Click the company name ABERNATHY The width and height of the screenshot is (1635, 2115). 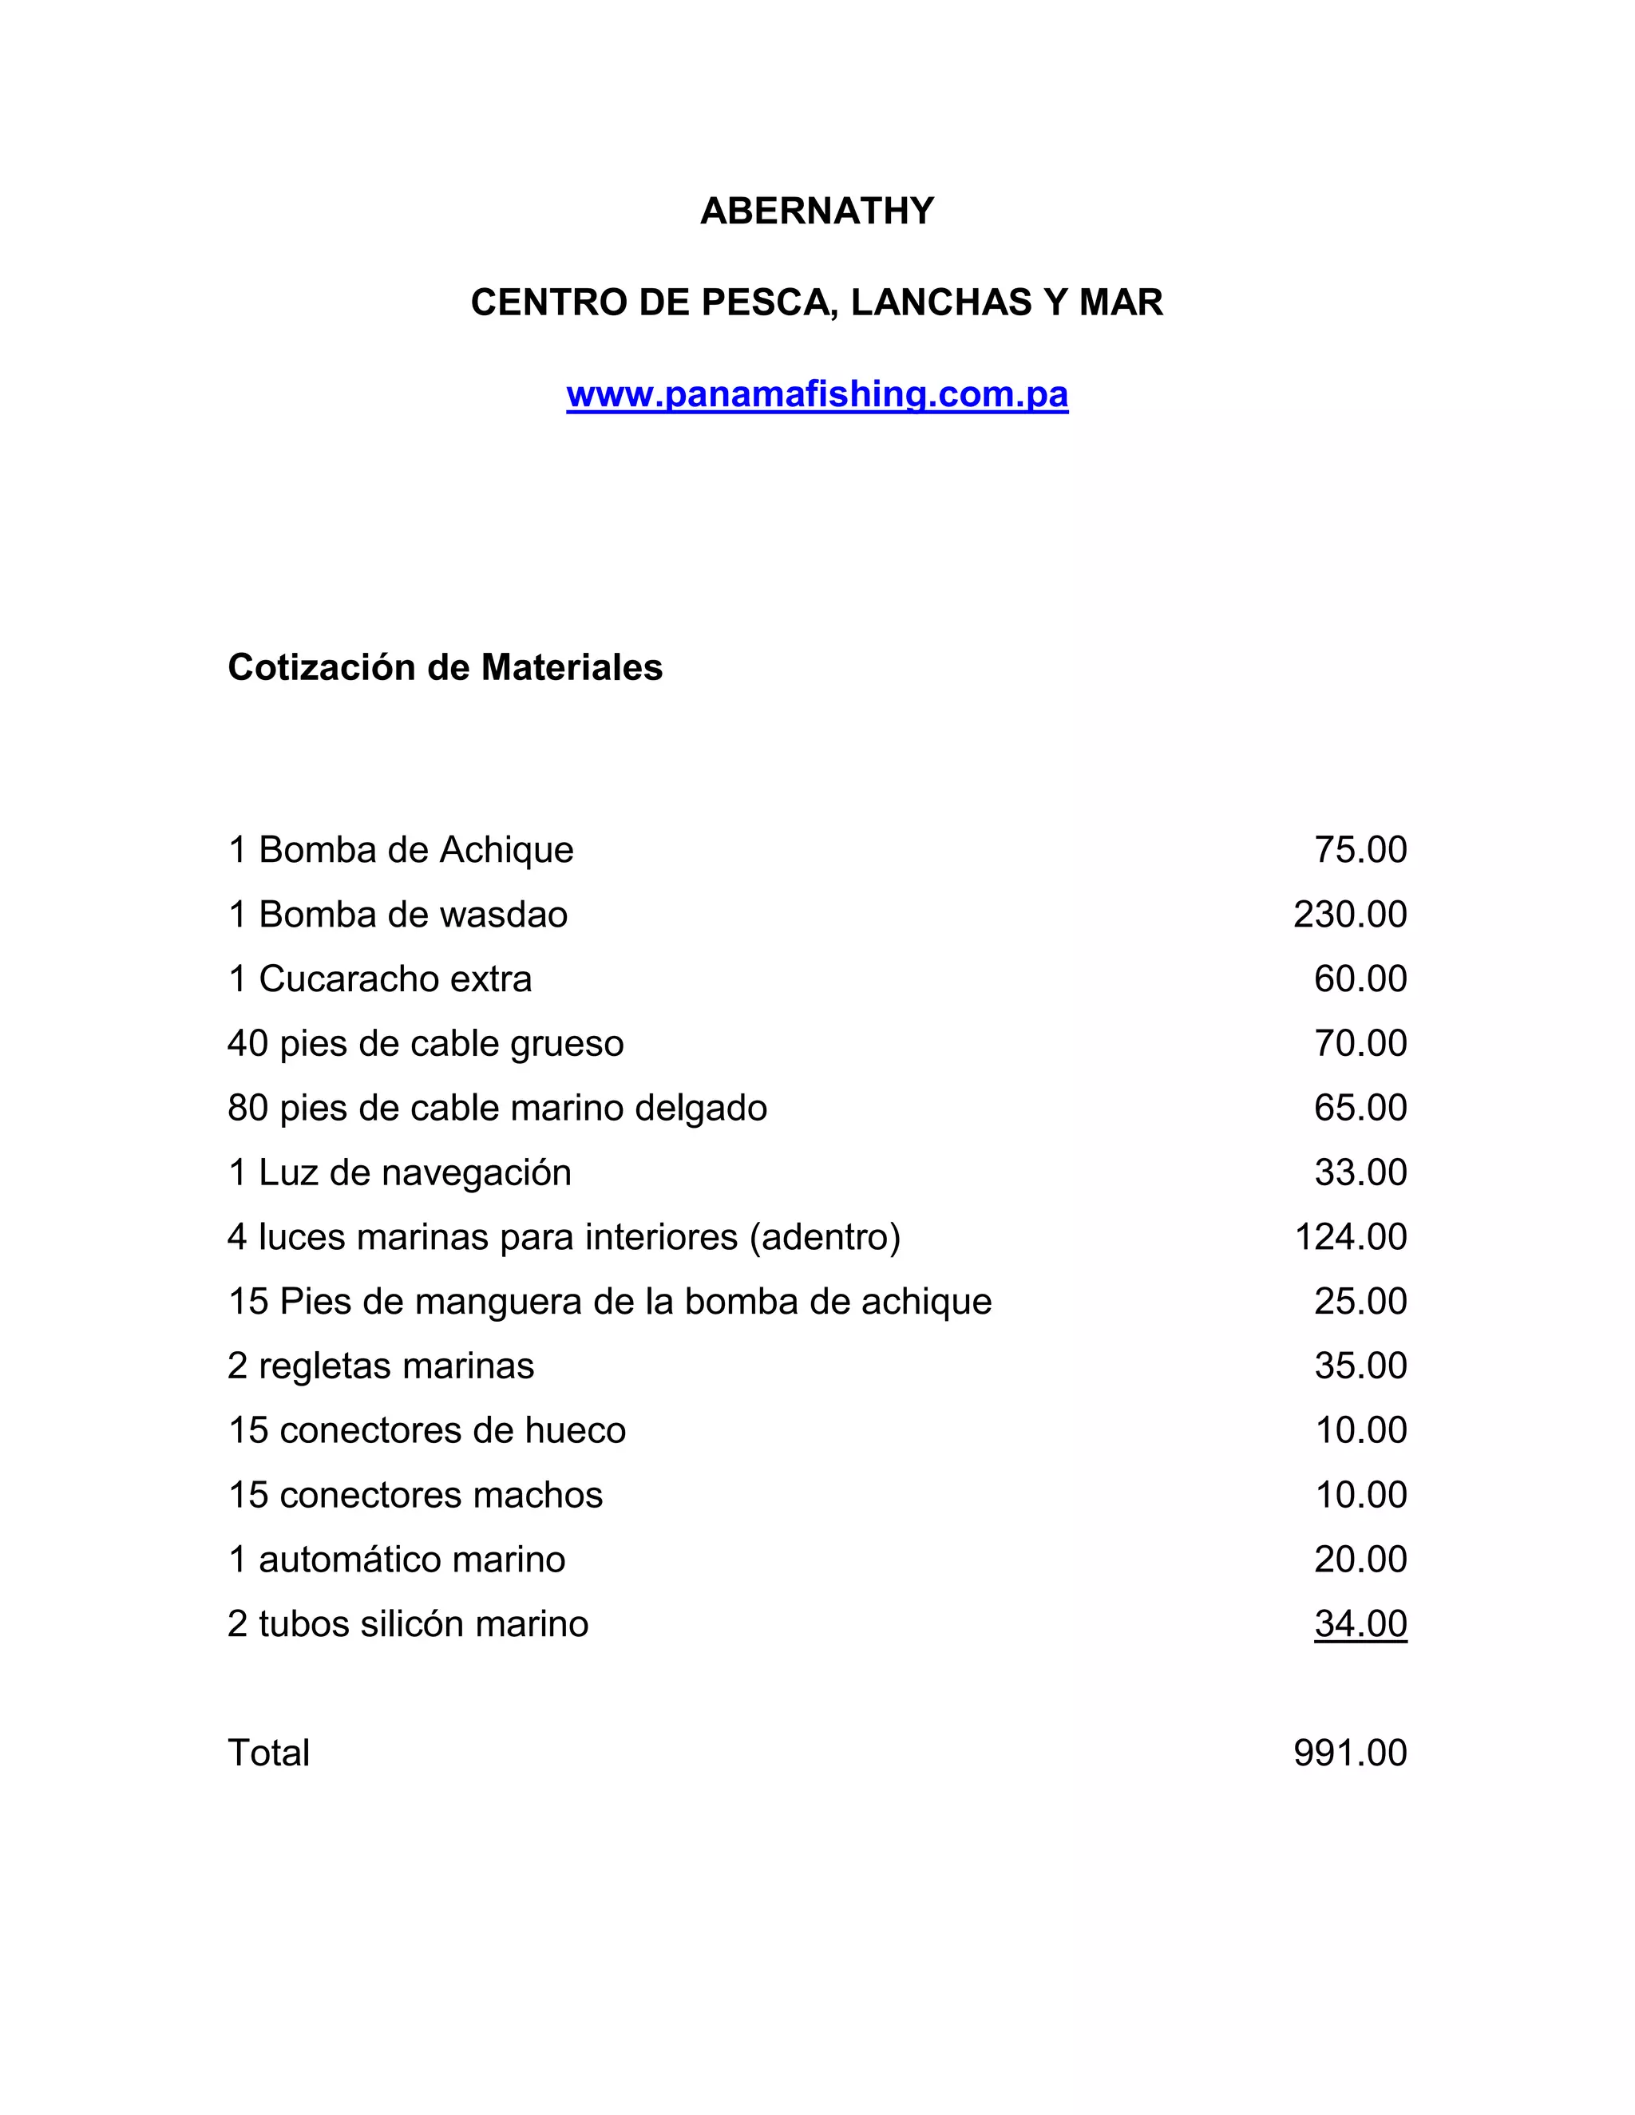pos(817,211)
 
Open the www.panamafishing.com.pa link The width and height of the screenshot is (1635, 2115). pos(817,394)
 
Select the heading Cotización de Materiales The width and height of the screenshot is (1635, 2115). pos(445,667)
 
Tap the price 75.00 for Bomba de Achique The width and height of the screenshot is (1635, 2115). pos(1360,849)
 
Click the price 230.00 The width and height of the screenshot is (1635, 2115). pos(1349,914)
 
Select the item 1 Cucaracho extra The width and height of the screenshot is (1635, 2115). pos(380,979)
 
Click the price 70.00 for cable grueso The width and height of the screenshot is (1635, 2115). pos(1360,1043)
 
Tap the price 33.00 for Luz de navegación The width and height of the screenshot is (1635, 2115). pos(1360,1172)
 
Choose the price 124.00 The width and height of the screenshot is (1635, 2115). pos(1350,1236)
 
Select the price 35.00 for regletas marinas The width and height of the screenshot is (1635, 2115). pos(1360,1366)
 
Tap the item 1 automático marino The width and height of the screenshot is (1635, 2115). pos(396,1560)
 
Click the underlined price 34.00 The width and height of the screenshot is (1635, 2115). pos(1360,1624)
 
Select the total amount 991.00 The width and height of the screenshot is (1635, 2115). pos(1349,1753)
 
